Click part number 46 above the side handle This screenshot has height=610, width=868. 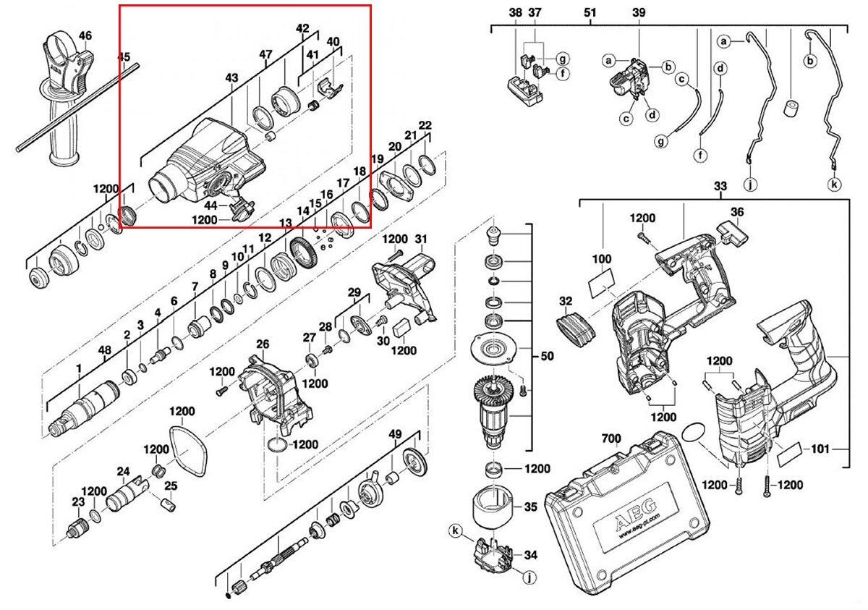click(x=85, y=35)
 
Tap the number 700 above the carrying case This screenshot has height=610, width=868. click(x=611, y=439)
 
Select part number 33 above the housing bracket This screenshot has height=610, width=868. click(x=720, y=187)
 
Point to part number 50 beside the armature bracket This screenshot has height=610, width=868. click(x=548, y=356)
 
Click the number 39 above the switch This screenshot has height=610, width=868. click(x=639, y=13)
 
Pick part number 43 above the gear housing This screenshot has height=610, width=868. click(x=231, y=77)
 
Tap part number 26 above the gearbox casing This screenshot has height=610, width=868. click(x=262, y=344)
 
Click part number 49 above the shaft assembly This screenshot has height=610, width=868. click(x=395, y=434)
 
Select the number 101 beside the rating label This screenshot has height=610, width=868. click(x=820, y=449)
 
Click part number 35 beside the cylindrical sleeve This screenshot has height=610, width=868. click(x=531, y=507)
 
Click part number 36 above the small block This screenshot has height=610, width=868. click(x=736, y=212)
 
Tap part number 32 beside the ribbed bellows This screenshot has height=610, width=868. click(x=566, y=301)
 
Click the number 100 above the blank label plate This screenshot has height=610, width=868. click(x=601, y=258)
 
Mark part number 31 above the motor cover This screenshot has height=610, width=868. click(x=422, y=240)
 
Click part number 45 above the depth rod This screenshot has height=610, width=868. click(x=124, y=56)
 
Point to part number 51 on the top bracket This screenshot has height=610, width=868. click(x=590, y=13)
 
